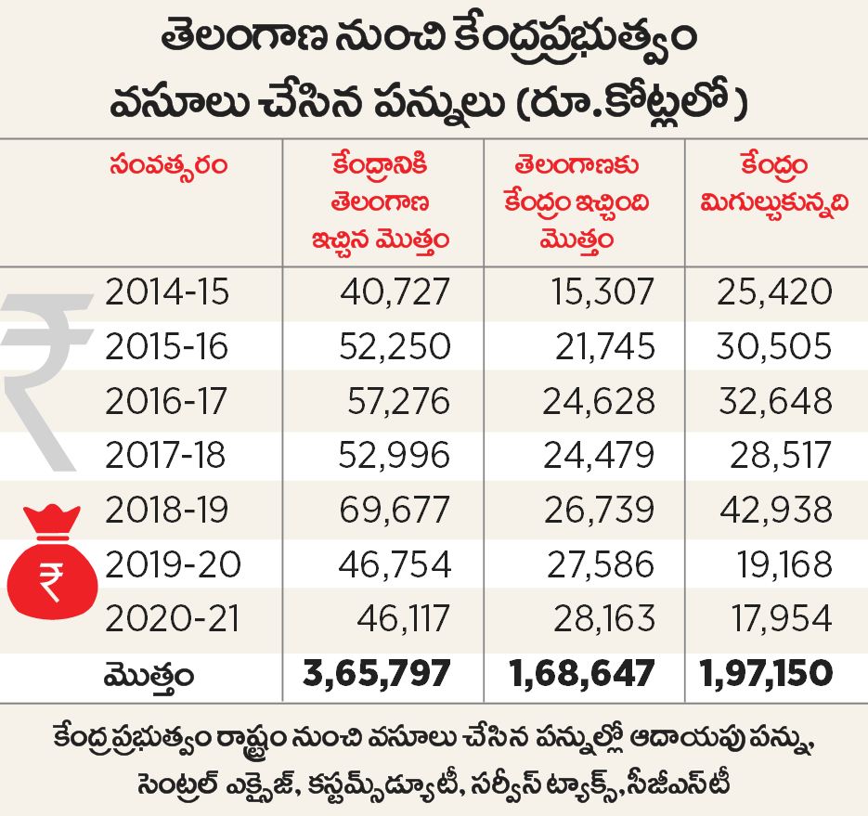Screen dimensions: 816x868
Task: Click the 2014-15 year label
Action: click(167, 292)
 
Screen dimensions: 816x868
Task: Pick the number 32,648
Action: click(773, 401)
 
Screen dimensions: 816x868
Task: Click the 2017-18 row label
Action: click(167, 455)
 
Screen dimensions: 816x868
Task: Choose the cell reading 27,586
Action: click(599, 563)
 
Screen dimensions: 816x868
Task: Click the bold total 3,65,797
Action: click(377, 673)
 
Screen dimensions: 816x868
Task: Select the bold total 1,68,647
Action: click(582, 673)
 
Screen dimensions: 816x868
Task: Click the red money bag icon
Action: click(50, 563)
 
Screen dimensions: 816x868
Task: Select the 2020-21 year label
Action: click(167, 617)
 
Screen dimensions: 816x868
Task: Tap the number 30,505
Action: click(773, 346)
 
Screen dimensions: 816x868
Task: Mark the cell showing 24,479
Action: click(599, 455)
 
